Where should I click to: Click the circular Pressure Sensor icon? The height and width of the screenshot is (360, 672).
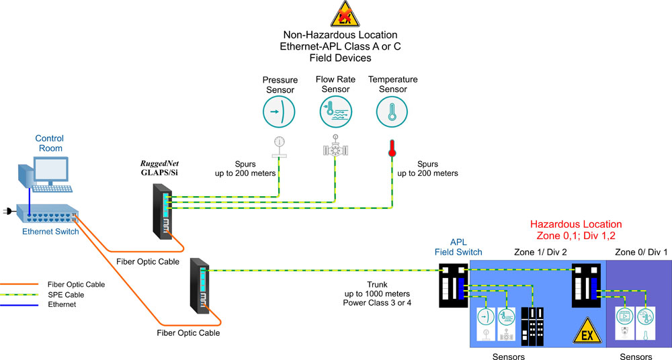(x=280, y=111)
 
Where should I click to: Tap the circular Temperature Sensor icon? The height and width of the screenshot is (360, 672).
(x=392, y=111)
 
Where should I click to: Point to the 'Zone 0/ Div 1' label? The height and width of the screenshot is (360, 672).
(x=641, y=252)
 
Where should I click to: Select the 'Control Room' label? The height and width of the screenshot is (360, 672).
(x=49, y=143)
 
